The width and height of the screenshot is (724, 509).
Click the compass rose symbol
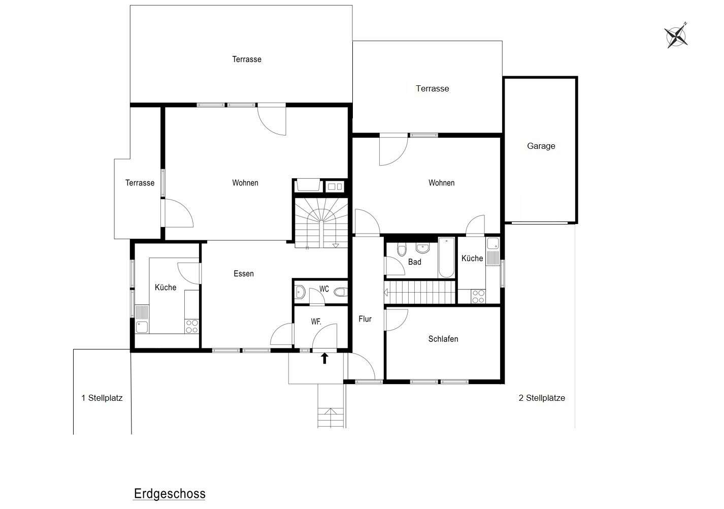pos(676,36)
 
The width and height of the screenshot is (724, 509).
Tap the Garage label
pos(541,146)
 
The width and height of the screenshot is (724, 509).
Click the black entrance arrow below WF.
pos(324,359)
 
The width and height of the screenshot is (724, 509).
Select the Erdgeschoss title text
pos(170,494)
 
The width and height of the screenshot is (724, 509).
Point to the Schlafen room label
pos(443,339)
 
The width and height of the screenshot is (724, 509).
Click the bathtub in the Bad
pos(446,258)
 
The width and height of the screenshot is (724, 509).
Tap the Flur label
pos(365,319)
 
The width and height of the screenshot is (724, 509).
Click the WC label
pos(324,289)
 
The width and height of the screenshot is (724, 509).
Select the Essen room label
pos(244,274)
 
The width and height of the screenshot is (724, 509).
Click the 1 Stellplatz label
pos(102,398)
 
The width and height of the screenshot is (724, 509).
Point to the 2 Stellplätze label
pos(542,398)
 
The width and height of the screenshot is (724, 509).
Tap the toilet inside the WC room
pos(341,292)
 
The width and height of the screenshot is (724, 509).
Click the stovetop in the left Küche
pos(191,326)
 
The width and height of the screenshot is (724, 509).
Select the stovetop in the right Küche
pos(478,296)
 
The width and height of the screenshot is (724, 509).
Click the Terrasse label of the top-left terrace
pos(247,59)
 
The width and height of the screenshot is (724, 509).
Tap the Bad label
pos(415,262)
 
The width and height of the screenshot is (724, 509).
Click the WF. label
pos(316,322)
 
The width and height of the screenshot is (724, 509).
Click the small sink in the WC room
pos(300,292)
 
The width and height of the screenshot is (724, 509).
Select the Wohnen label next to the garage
pos(441,183)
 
